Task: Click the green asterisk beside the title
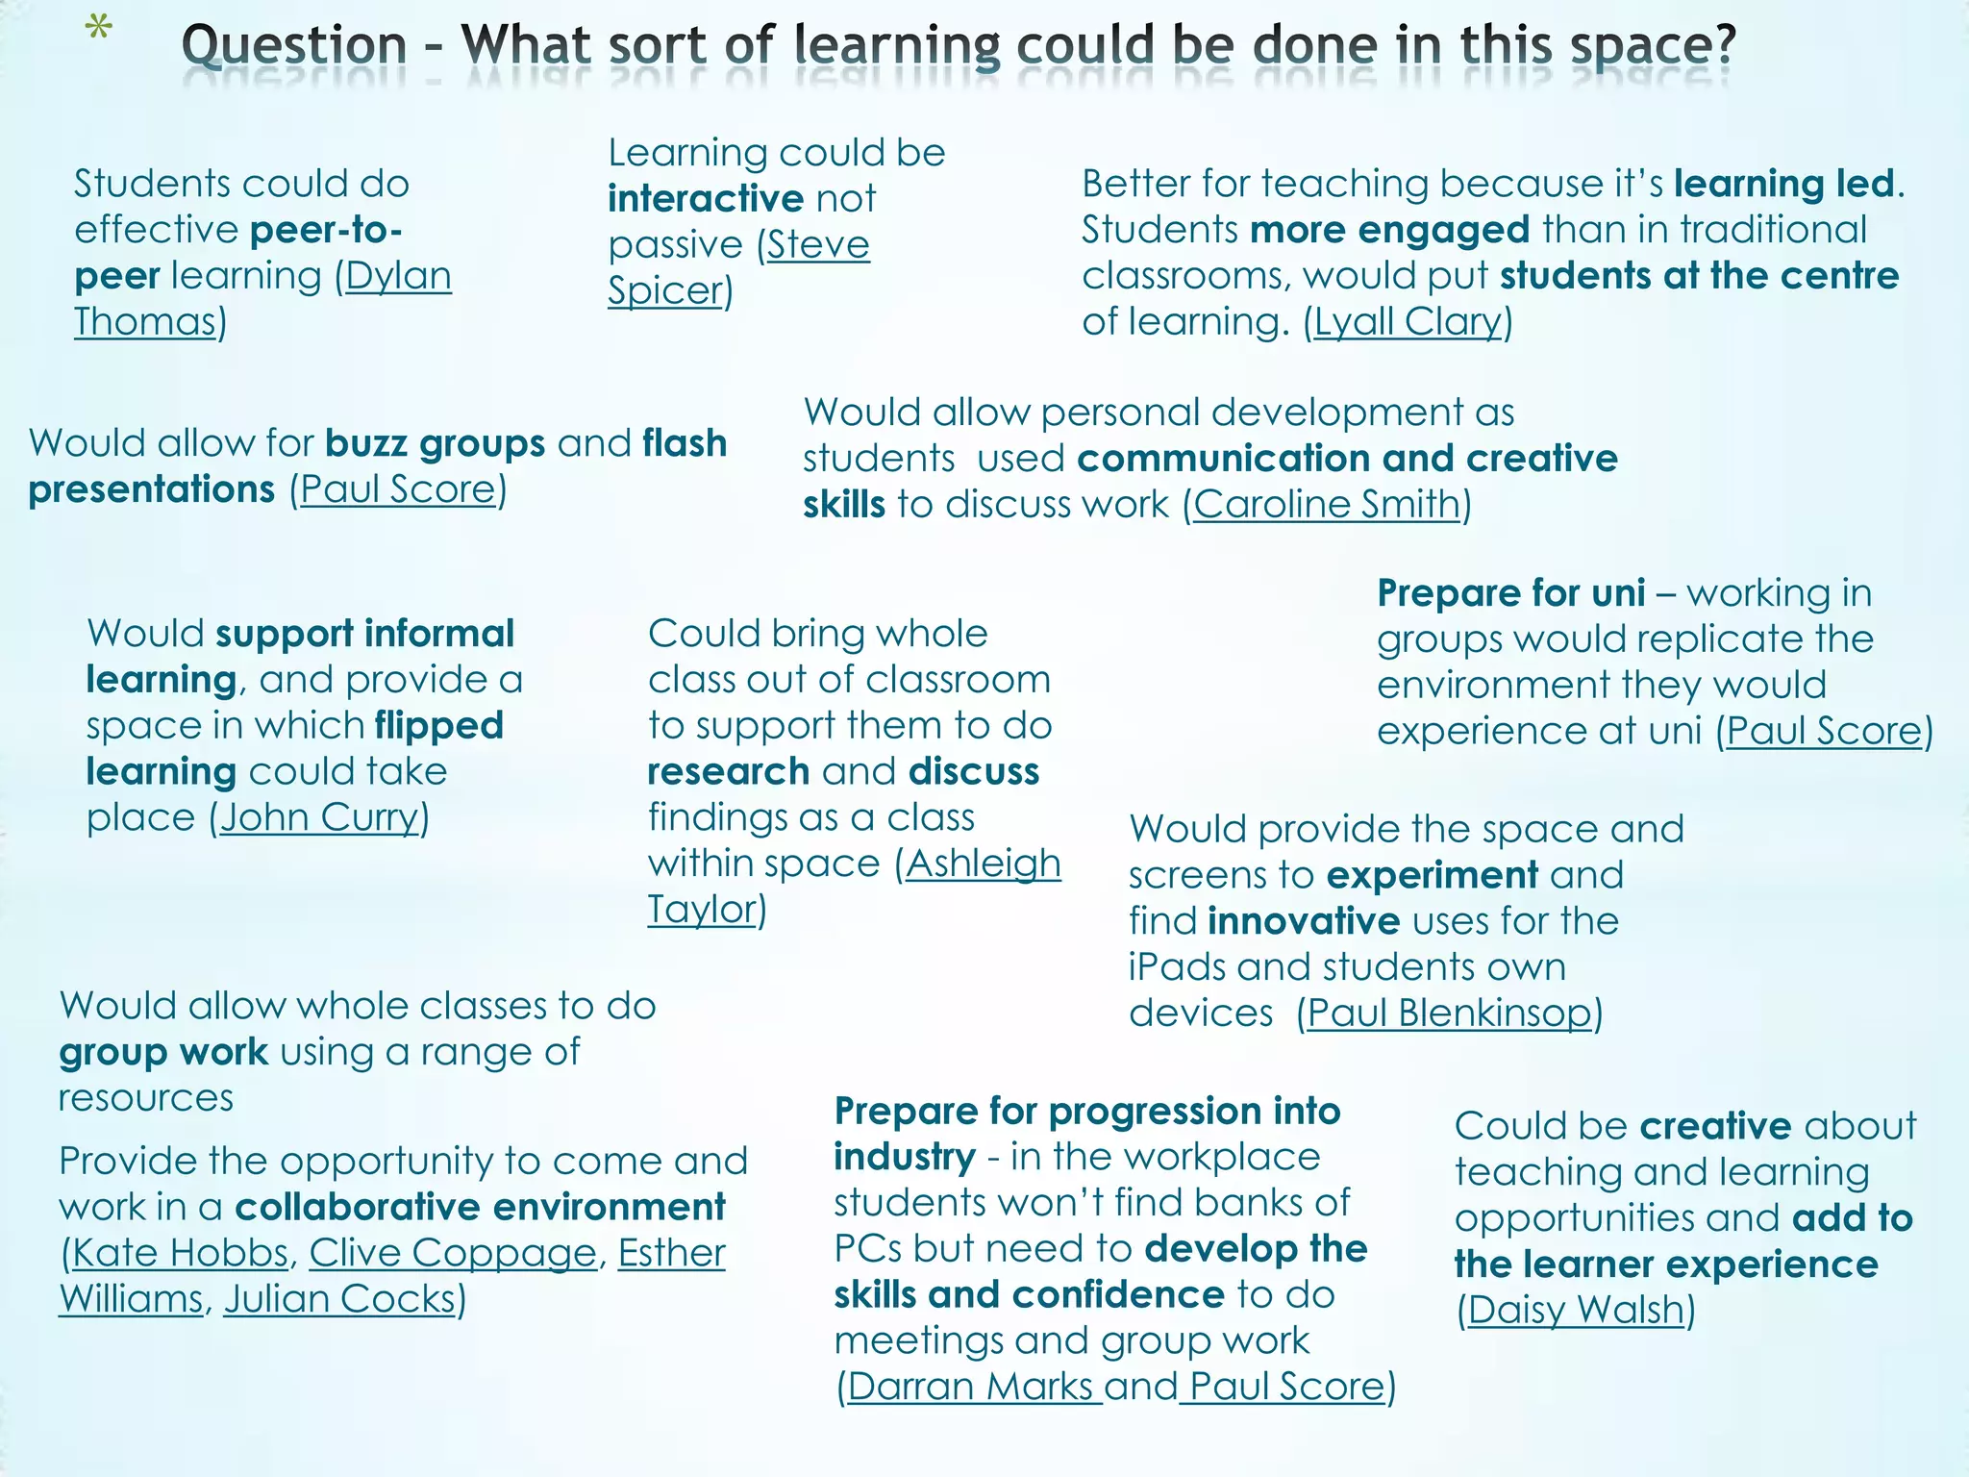98,30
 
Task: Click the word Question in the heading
294,46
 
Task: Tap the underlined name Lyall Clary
1408,322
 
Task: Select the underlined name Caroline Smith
1327,505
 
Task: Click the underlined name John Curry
319,818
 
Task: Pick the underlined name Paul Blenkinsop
1449,1014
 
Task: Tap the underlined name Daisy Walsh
1576,1311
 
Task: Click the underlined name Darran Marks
970,1387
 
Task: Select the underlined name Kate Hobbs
180,1253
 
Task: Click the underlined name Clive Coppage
453,1253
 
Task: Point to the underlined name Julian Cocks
339,1299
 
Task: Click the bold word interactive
705,199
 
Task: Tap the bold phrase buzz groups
436,443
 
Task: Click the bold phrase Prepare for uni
1510,593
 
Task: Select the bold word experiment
1433,875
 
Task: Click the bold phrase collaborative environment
480,1207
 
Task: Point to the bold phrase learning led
1783,184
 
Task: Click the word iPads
1177,967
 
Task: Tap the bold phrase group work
163,1052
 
